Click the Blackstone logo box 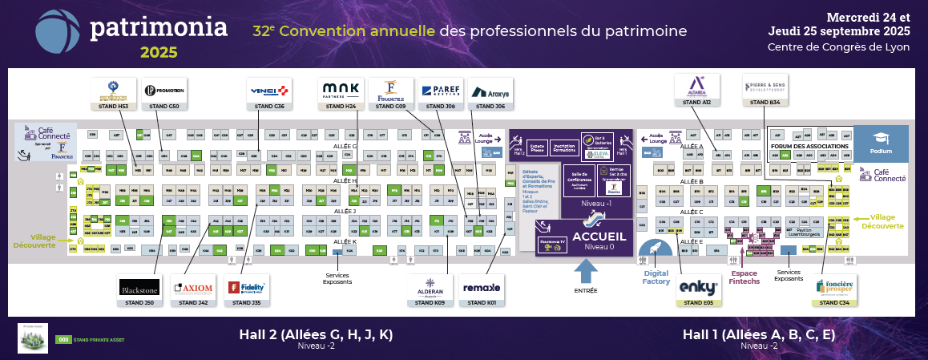point(139,286)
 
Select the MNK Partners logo point(341,90)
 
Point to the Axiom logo point(192,287)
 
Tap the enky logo point(696,286)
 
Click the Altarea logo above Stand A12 point(696,84)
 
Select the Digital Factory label point(656,277)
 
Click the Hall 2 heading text point(316,334)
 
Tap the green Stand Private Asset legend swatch point(63,339)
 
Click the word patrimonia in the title point(159,27)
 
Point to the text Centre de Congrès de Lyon point(838,47)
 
